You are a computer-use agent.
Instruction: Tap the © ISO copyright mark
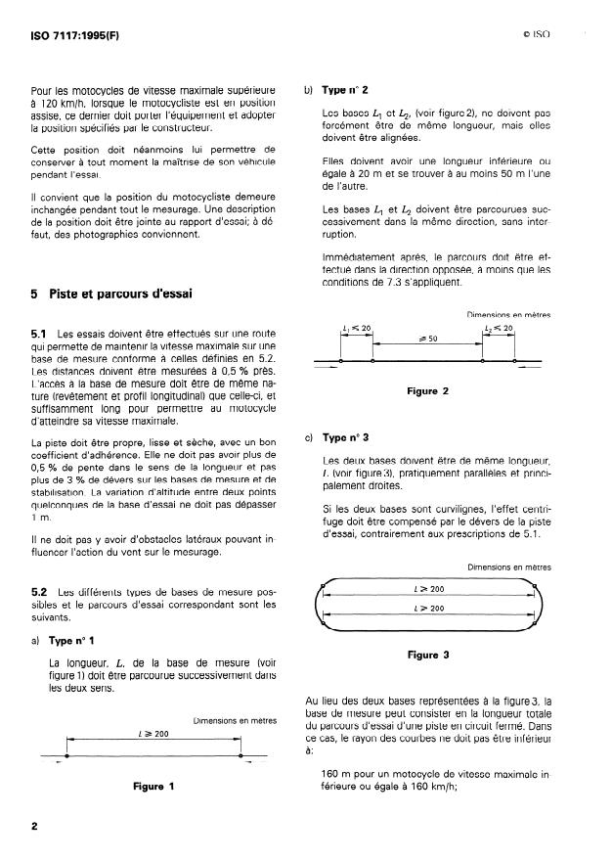[x=537, y=33]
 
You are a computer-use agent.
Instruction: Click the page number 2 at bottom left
[x=34, y=827]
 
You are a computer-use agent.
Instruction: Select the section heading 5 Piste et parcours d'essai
[x=109, y=293]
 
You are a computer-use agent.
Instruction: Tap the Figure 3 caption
[x=427, y=655]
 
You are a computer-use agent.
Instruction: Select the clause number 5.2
[x=41, y=592]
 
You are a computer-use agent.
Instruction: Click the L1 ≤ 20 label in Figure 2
[x=357, y=328]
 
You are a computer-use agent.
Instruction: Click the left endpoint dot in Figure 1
[x=66, y=755]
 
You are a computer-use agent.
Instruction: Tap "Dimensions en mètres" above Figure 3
[x=508, y=566]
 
